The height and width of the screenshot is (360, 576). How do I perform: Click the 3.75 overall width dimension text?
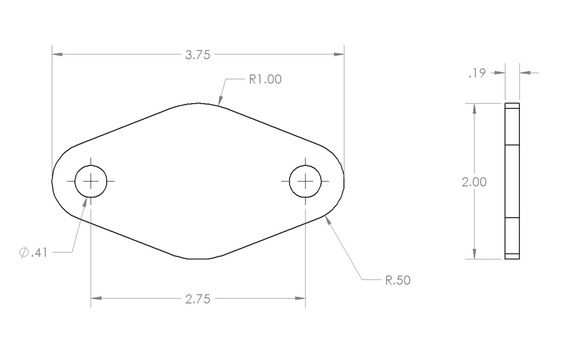pyautogui.click(x=198, y=55)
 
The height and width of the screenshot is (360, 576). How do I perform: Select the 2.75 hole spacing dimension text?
pyautogui.click(x=198, y=299)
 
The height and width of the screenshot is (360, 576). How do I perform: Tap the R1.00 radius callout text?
pyautogui.click(x=265, y=79)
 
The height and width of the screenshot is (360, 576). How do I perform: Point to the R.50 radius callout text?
pyautogui.click(x=398, y=280)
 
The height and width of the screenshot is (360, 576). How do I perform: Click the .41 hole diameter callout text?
pyautogui.click(x=39, y=252)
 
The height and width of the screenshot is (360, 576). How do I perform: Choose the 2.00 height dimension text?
pyautogui.click(x=474, y=182)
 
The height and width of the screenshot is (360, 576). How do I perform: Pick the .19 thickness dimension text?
pyautogui.click(x=477, y=73)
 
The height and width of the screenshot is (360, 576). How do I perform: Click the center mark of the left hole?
pyautogui.click(x=91, y=181)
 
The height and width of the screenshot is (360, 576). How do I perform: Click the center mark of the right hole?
pyautogui.click(x=305, y=181)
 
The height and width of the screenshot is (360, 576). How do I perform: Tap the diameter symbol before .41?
pyautogui.click(x=24, y=252)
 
